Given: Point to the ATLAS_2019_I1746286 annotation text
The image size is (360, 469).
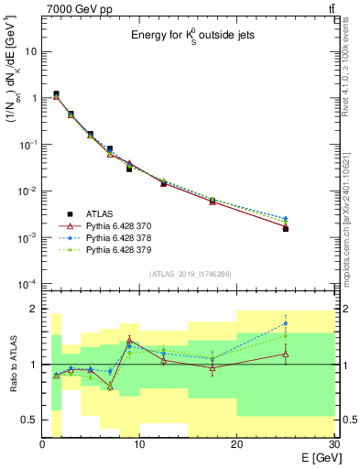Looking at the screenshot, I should coord(189,273).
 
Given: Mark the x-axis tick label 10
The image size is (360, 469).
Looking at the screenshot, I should coord(139,444).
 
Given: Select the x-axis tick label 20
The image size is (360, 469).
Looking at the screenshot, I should coord(237,444).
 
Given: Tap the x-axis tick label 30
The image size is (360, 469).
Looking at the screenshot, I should coord(333,444).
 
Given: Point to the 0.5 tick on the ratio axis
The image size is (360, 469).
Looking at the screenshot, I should coord(29,420).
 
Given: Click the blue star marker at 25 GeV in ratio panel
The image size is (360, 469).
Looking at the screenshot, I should coord(286,323).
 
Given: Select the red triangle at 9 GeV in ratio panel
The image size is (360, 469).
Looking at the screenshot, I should coord(129,340).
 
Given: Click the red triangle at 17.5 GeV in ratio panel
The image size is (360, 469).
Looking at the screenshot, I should coord(213,368).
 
